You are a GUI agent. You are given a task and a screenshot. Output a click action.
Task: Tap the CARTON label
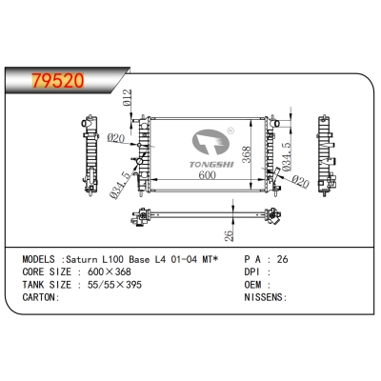[x=40, y=296]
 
